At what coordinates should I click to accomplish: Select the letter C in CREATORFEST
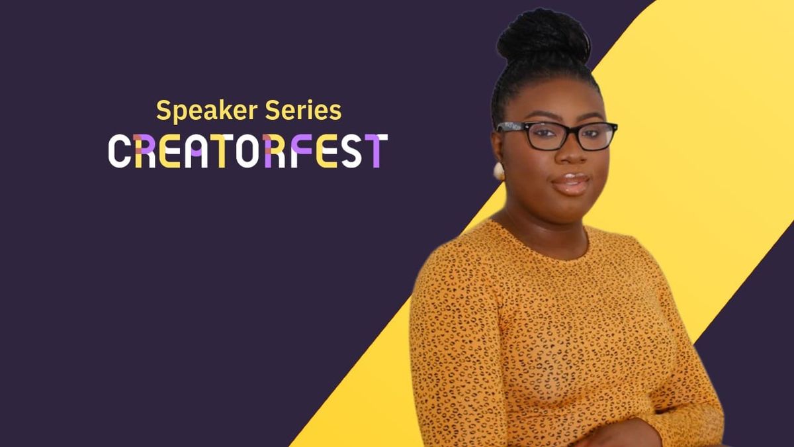(x=119, y=151)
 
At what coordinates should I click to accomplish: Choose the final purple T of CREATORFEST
(x=375, y=151)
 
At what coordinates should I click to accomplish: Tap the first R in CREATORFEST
(x=145, y=151)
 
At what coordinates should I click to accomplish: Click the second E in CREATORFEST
(x=327, y=151)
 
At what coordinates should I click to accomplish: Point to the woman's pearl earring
(x=498, y=172)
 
